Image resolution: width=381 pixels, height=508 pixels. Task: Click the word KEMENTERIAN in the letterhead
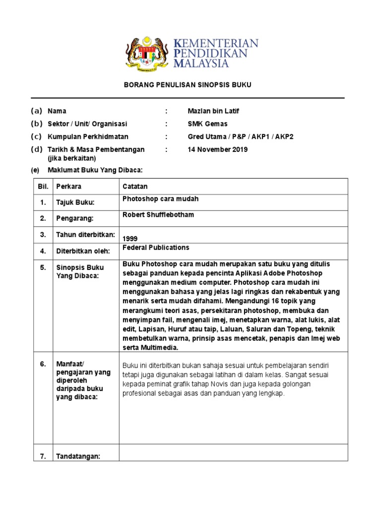point(216,43)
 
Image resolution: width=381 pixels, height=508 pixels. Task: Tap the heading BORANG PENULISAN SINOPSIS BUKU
point(188,85)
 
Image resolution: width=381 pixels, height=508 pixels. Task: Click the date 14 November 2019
point(218,149)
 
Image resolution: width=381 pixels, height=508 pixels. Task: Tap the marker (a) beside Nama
point(36,111)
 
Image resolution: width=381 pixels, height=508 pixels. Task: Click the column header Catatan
point(135,187)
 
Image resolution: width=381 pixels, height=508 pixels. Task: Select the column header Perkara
point(69,187)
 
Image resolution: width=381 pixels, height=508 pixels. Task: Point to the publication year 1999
point(130,238)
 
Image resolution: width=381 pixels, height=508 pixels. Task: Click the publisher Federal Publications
point(156,247)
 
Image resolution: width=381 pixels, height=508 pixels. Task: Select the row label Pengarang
point(74,218)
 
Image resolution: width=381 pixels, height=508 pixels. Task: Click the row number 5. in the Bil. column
point(43,267)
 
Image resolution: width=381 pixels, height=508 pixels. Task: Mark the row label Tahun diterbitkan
point(85,235)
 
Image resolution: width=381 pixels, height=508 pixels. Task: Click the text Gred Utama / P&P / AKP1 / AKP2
point(241,136)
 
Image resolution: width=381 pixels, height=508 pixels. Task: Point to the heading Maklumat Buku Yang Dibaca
point(95,170)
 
